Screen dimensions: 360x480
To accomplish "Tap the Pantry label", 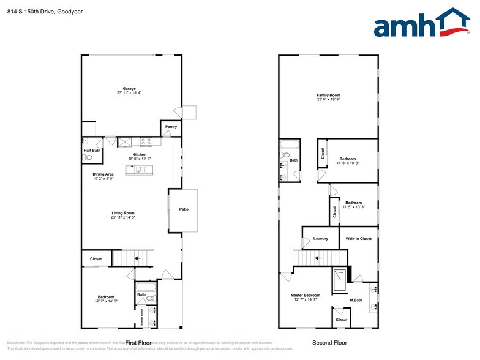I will [x=171, y=127].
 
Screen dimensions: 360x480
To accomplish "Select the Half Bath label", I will [x=92, y=150].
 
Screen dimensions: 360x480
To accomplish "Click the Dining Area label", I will [x=103, y=174].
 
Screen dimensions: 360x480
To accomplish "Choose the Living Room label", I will [x=123, y=213].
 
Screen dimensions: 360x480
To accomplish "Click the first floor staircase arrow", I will [x=137, y=259].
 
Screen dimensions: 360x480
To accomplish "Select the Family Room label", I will [x=328, y=95].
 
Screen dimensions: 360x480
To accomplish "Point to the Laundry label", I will [x=320, y=238].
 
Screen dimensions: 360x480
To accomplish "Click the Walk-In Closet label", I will [x=358, y=238].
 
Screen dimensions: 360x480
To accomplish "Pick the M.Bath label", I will [x=356, y=300].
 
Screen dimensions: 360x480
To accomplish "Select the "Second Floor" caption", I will [x=329, y=343].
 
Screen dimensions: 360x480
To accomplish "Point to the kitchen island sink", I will [x=140, y=170].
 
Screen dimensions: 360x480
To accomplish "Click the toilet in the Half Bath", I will [x=89, y=157].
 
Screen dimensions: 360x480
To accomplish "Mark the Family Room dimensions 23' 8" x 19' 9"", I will [x=328, y=100].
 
